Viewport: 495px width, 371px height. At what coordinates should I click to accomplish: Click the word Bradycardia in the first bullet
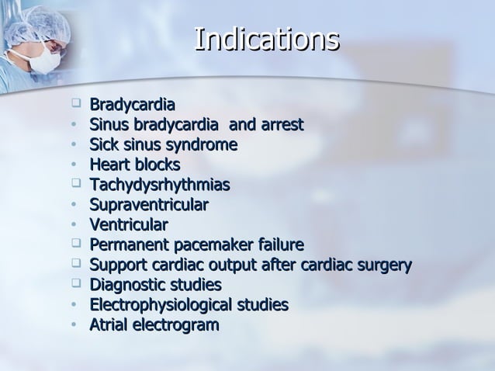coord(132,104)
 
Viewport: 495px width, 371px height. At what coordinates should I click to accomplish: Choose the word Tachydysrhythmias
coord(160,185)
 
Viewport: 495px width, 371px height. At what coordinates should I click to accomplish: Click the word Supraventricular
coord(149,205)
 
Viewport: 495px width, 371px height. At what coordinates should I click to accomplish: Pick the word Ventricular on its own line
coord(128,225)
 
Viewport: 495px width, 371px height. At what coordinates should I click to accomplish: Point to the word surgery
coord(382,265)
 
